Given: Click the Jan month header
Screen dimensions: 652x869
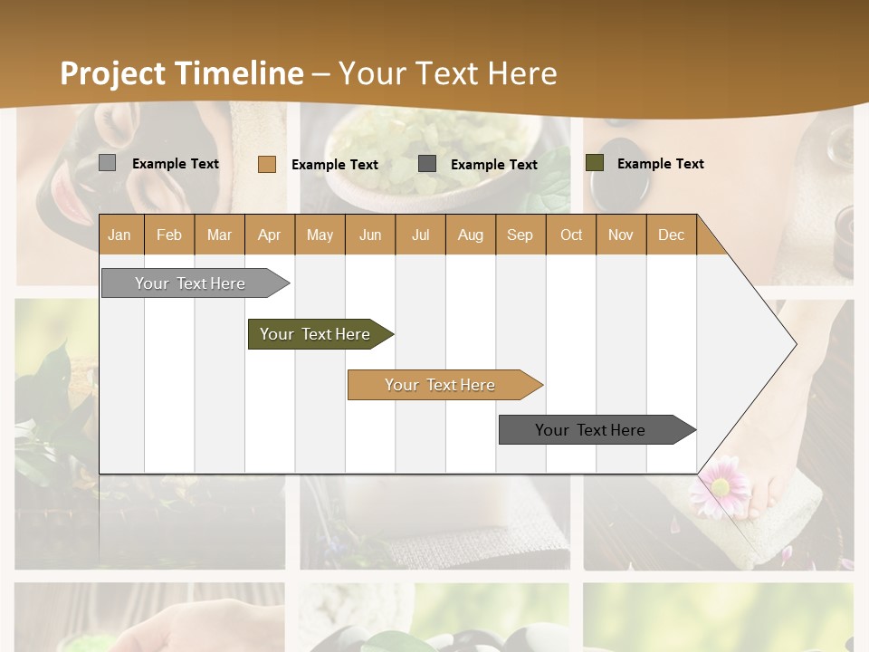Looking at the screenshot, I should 119,235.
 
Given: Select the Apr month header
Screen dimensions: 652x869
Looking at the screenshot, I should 269,235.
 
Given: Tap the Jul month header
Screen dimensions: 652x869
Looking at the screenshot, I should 420,235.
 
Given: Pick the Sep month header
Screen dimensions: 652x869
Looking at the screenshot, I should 520,235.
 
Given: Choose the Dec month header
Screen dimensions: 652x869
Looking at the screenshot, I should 671,235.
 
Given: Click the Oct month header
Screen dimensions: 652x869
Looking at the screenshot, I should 571,235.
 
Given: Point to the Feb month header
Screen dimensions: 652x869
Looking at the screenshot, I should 169,235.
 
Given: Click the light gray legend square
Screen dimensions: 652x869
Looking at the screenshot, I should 107,163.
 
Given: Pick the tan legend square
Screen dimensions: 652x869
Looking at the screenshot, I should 266,164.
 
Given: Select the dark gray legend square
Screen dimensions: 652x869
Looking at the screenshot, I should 427,163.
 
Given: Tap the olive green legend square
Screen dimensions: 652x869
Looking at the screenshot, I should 594,163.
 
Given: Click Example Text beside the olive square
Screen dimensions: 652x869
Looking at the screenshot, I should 660,164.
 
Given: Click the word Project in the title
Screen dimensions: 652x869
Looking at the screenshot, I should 113,73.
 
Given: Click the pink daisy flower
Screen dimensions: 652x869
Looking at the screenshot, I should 721,485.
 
